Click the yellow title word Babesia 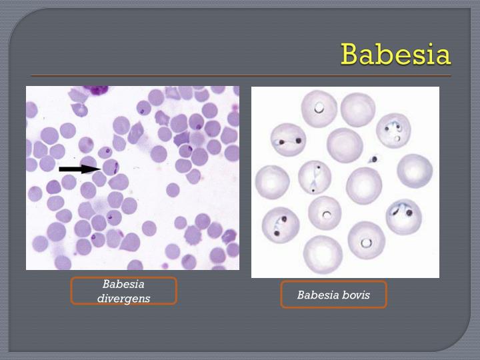point(395,54)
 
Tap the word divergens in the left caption point(123,298)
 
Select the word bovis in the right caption point(353,295)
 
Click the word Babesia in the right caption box point(317,295)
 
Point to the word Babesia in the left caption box point(123,284)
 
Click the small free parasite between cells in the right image point(374,159)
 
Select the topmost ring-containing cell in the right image point(319,108)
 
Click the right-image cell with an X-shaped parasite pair point(314,177)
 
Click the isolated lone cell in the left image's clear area point(172,190)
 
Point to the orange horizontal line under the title point(240,75)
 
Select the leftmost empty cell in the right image point(272,182)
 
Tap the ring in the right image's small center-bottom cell point(327,215)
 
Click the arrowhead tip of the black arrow point(100,169)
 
